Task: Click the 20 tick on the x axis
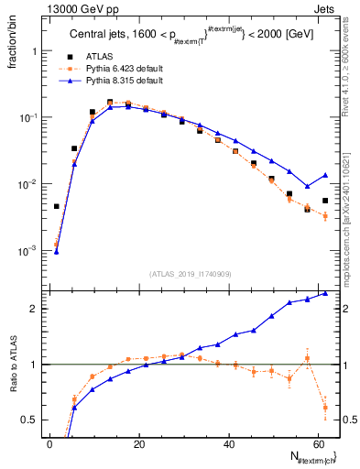[x=138, y=444]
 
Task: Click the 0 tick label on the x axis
[x=49, y=444]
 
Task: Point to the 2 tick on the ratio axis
[x=36, y=309]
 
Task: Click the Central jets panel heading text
[x=187, y=36]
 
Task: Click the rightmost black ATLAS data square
[x=325, y=201]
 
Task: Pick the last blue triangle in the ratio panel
[x=325, y=293]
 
